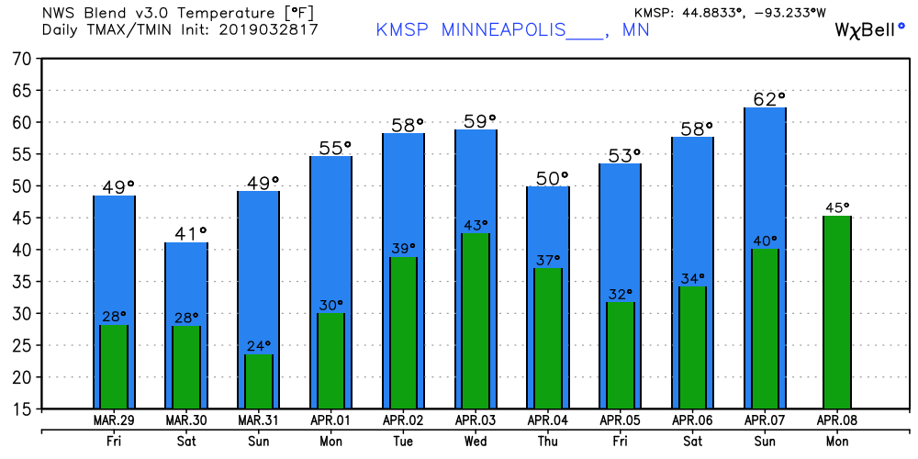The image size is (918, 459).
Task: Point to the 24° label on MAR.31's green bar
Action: (x=258, y=345)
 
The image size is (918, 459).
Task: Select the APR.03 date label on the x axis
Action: (x=476, y=420)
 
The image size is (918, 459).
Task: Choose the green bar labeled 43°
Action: (x=476, y=321)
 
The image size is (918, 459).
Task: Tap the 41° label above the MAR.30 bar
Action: (x=186, y=233)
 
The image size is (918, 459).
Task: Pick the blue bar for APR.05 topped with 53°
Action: (x=620, y=229)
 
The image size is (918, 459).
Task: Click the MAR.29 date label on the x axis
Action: (x=114, y=420)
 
